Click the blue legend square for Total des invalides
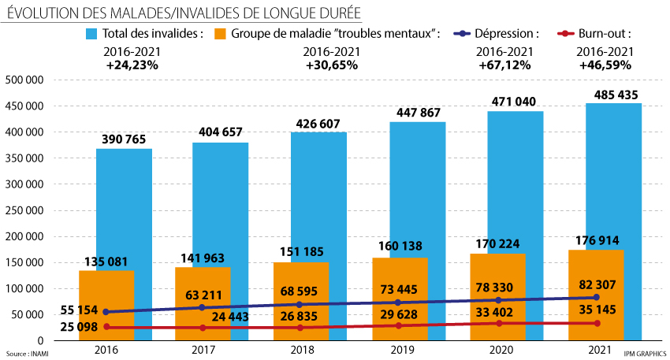pos(91,34)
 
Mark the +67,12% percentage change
pos(505,65)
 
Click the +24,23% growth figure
pos(132,65)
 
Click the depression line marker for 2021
pos(597,297)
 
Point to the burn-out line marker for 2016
pos(106,327)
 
